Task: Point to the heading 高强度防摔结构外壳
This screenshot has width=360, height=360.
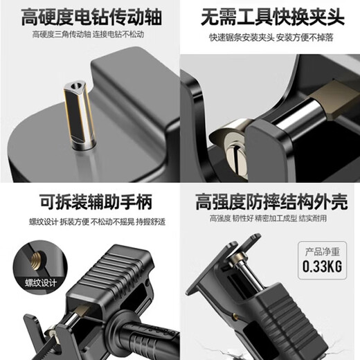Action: tap(271, 201)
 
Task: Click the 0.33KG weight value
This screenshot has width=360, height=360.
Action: tap(320, 267)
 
